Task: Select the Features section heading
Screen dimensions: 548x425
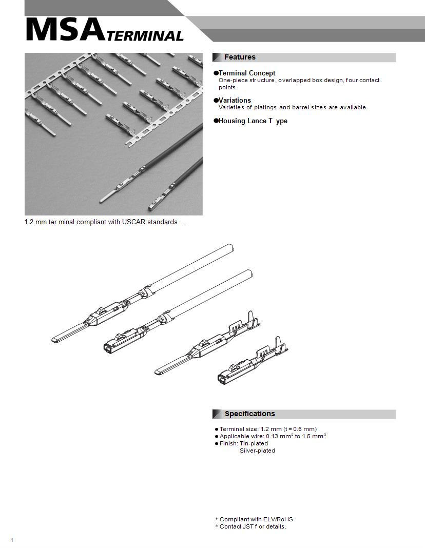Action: tap(239, 57)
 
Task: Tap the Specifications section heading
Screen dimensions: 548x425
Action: tap(249, 414)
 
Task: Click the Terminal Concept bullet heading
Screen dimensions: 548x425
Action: tap(246, 73)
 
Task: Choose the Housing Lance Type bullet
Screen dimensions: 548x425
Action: tap(253, 121)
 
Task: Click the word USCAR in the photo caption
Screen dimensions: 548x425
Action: tap(135, 222)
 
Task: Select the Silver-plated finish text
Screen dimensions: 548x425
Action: tap(257, 451)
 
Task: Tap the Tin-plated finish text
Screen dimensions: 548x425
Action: tap(254, 443)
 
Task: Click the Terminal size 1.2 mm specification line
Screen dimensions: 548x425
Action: tap(267, 429)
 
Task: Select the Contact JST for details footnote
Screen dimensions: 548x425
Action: tap(253, 526)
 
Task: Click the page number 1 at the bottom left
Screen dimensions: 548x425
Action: tap(11, 540)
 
